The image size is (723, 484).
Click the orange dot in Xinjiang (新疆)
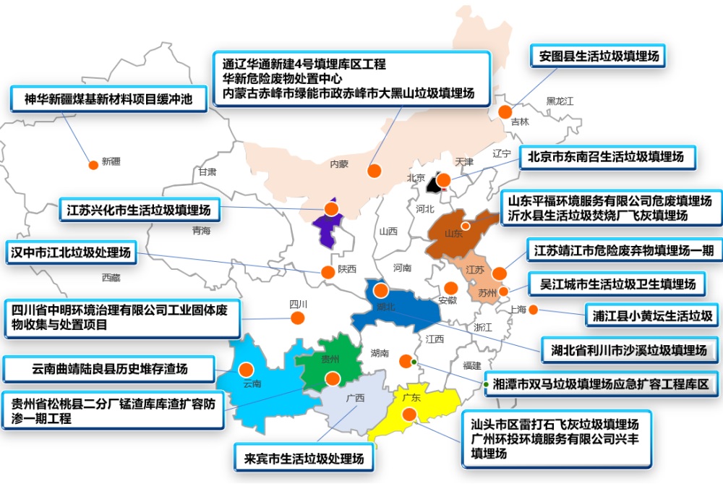(x=93, y=165)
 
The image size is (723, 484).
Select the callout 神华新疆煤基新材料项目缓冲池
(x=108, y=98)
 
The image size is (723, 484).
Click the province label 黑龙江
(x=560, y=101)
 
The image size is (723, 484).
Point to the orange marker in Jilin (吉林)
(x=505, y=111)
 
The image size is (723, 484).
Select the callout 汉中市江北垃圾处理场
(x=71, y=252)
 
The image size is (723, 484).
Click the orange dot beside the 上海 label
(x=534, y=310)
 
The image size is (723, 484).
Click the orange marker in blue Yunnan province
(x=247, y=368)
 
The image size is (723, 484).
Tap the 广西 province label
(x=355, y=398)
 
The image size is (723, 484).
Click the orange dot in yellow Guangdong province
(x=409, y=415)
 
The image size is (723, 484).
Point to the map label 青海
(x=201, y=231)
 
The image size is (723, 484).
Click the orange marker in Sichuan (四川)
(x=296, y=318)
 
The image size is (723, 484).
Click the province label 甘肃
(x=207, y=172)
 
